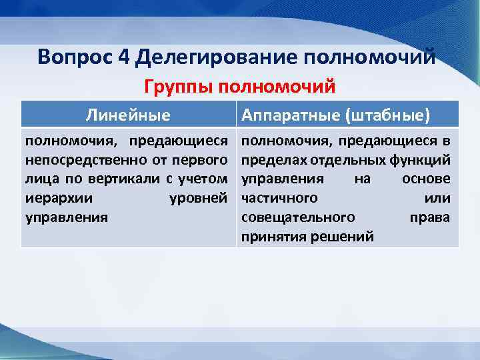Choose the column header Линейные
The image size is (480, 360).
coord(127,115)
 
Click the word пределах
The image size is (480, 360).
coord(269,160)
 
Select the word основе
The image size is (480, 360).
coord(426,179)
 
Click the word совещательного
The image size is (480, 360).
coord(297,217)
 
